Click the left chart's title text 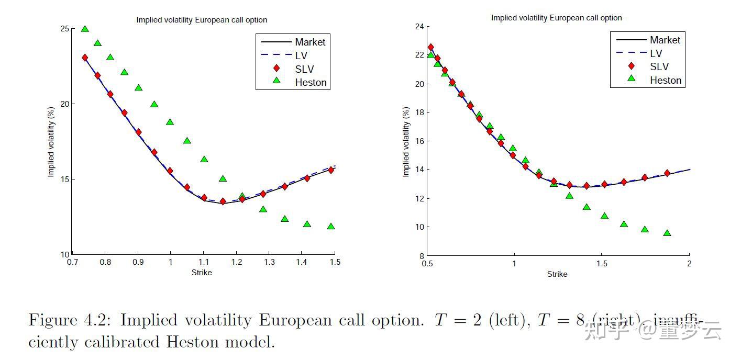(x=202, y=20)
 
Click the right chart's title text (x=556, y=18)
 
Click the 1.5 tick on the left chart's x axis (x=335, y=262)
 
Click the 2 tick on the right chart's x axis (x=689, y=264)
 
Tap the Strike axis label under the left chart (x=202, y=273)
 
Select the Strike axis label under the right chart (x=557, y=274)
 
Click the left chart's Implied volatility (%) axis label (x=51, y=141)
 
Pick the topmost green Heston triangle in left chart (x=85, y=29)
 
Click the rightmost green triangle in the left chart (x=330, y=226)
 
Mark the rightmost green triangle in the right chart (x=667, y=233)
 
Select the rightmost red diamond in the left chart (x=330, y=170)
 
